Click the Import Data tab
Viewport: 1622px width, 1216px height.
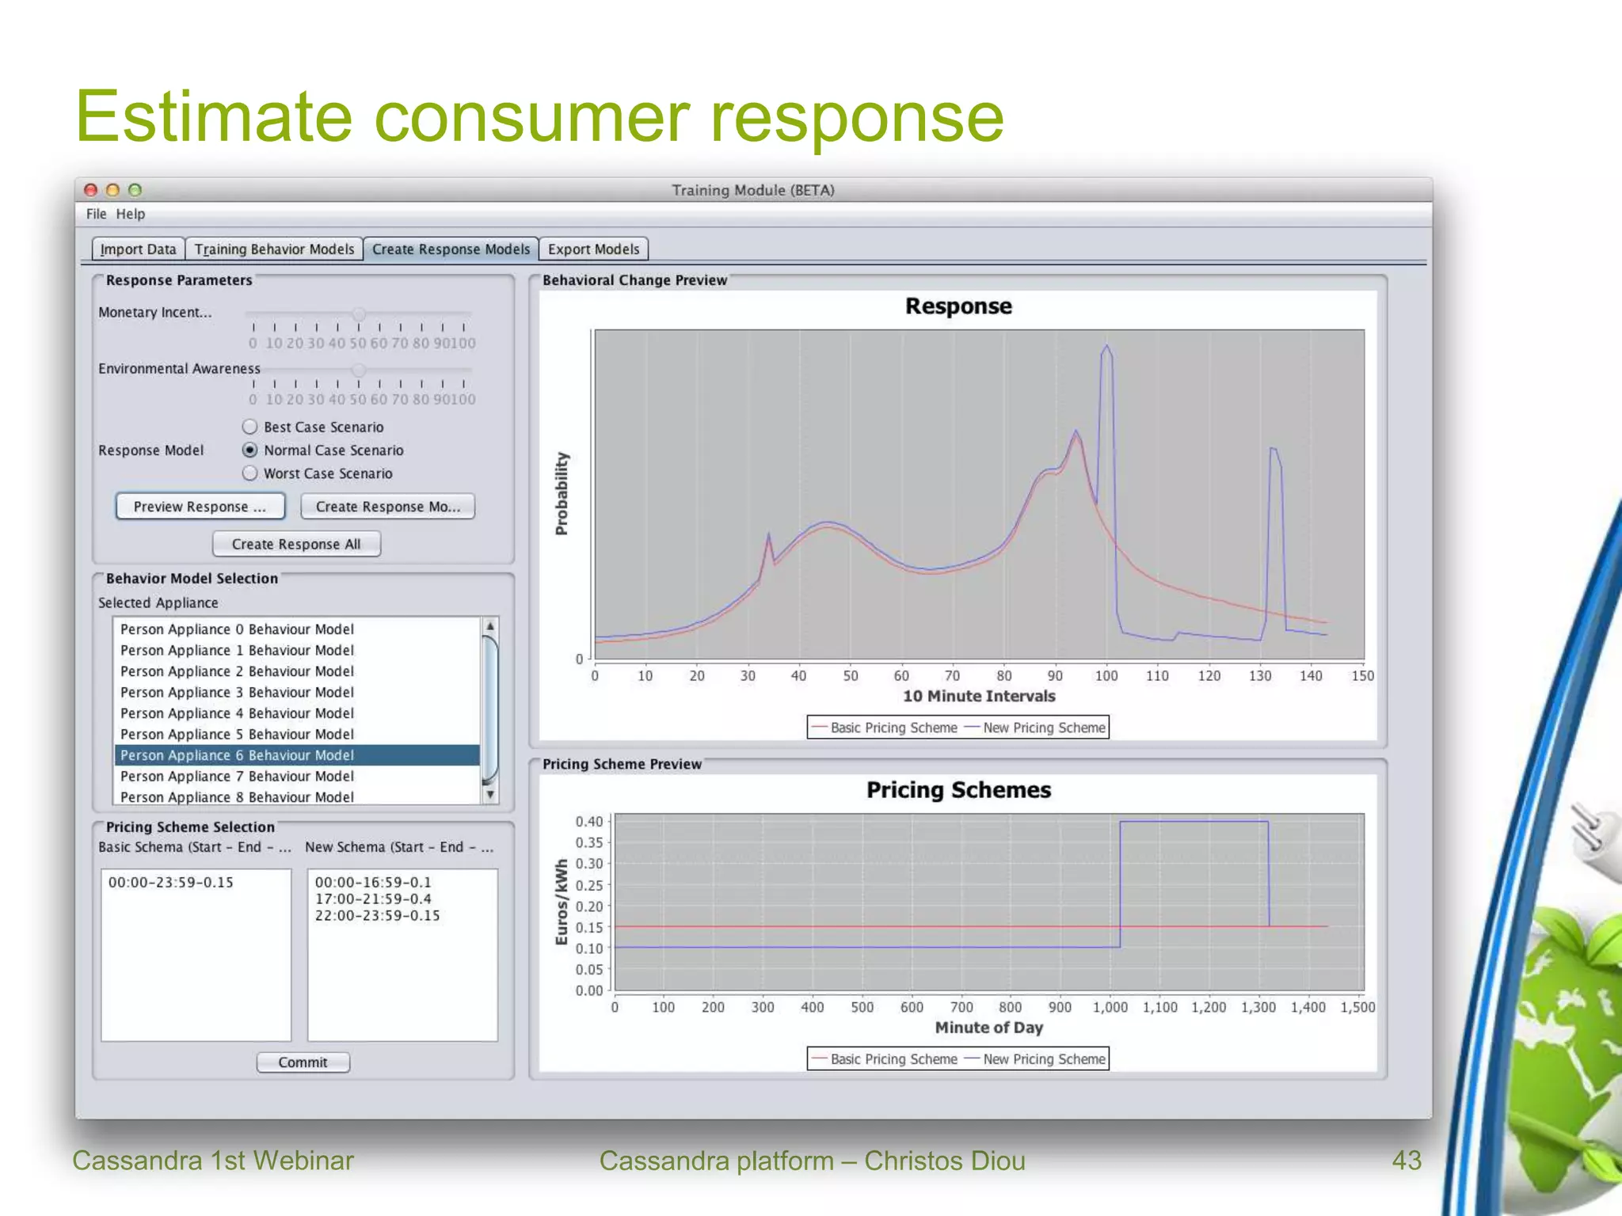point(139,249)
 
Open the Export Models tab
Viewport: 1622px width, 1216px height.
point(593,249)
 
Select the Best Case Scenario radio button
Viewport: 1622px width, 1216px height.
point(250,427)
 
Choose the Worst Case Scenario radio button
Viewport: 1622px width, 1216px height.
point(250,473)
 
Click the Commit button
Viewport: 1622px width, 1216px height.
point(303,1062)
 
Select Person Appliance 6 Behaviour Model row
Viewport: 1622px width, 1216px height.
point(237,755)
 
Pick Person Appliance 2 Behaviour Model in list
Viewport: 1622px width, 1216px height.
point(237,671)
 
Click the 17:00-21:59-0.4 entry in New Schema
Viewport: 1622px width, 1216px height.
point(373,899)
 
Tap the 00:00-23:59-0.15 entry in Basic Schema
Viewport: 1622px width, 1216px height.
point(171,883)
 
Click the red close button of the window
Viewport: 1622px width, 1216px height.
point(91,190)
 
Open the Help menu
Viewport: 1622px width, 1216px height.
point(131,214)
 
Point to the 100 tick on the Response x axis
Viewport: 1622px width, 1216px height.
point(1106,676)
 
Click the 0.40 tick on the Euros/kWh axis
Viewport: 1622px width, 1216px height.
point(589,822)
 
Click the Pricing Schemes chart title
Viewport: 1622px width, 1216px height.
point(958,790)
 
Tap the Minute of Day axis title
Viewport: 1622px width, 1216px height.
point(988,1028)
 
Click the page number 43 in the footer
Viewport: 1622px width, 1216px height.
point(1407,1161)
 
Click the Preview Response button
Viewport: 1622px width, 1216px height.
point(200,507)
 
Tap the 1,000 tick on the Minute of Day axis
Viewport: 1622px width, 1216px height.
point(1110,1008)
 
